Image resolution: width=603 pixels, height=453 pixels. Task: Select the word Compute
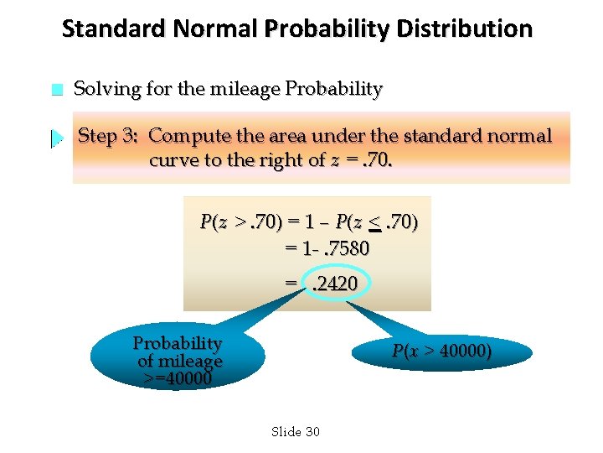pos(188,136)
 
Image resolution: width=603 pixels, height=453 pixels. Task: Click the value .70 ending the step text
pos(378,160)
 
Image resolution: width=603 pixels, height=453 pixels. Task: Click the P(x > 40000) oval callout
pos(441,351)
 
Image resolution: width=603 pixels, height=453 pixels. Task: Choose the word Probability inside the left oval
pos(178,344)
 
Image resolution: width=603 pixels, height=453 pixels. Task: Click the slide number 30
pos(312,432)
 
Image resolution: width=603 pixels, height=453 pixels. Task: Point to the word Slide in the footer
pos(286,432)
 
